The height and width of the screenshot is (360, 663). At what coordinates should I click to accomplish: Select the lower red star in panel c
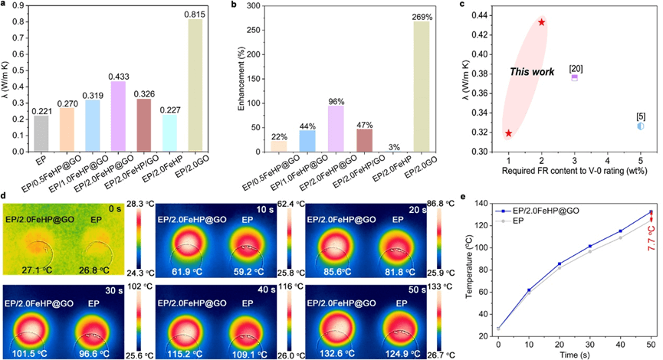tap(508, 133)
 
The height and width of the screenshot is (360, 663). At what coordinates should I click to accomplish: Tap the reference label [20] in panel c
tap(576, 68)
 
